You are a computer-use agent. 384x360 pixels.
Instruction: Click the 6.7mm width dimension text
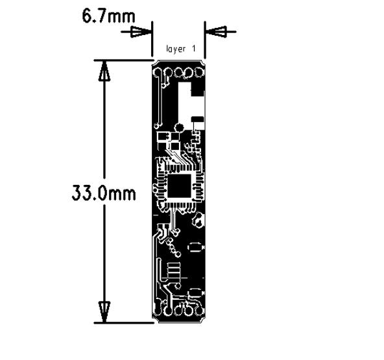(x=108, y=16)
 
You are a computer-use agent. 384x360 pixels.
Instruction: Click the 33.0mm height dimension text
(x=104, y=193)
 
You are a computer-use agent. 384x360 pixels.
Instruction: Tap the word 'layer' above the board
(x=176, y=49)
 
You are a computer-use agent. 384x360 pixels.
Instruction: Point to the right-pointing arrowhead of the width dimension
(x=141, y=32)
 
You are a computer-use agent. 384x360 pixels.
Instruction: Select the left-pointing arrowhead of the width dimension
(x=216, y=32)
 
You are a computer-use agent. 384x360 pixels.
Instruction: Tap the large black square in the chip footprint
(x=179, y=186)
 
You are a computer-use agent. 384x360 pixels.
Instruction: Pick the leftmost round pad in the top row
(x=158, y=73)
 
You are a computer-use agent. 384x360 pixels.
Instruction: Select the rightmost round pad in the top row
(x=199, y=73)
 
